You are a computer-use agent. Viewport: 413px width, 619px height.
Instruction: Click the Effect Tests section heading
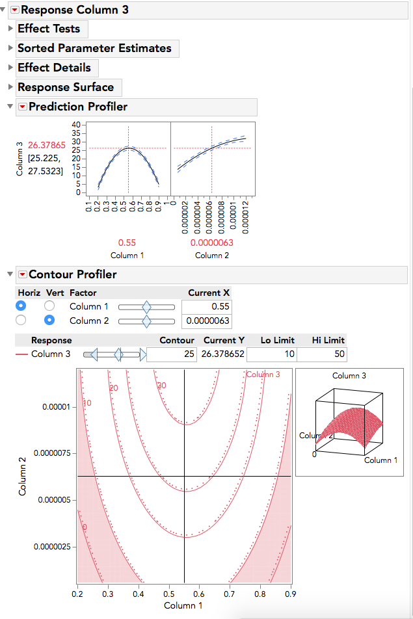pyautogui.click(x=49, y=29)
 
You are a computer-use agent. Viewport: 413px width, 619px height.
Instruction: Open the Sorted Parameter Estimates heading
pyautogui.click(x=94, y=49)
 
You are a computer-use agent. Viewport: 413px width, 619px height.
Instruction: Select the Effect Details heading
pyautogui.click(x=55, y=68)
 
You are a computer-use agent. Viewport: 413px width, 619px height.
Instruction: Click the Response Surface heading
pyautogui.click(x=66, y=88)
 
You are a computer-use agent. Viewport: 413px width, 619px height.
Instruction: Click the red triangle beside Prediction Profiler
pyautogui.click(x=23, y=107)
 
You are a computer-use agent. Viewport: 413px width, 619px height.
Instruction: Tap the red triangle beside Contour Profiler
pyautogui.click(x=23, y=275)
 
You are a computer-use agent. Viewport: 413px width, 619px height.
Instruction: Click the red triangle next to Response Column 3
pyautogui.click(x=15, y=10)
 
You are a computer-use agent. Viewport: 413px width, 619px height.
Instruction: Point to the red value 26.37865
pyautogui.click(x=47, y=145)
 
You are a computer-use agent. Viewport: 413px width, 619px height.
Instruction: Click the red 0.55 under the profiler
pyautogui.click(x=127, y=243)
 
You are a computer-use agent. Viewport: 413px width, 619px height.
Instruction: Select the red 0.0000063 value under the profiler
pyautogui.click(x=211, y=243)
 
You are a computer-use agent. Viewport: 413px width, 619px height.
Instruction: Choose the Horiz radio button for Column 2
pyautogui.click(x=21, y=320)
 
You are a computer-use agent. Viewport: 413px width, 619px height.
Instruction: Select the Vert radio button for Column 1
pyautogui.click(x=49, y=306)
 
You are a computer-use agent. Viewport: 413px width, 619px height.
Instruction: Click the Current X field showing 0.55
pyautogui.click(x=206, y=306)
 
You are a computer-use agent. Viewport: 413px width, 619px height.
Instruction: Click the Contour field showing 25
pyautogui.click(x=171, y=354)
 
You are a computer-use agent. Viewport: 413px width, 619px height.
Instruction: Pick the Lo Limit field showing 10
pyautogui.click(x=271, y=354)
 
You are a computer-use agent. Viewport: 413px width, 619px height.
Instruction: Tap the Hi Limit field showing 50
pyautogui.click(x=321, y=354)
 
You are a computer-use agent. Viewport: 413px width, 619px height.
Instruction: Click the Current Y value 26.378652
pyautogui.click(x=222, y=354)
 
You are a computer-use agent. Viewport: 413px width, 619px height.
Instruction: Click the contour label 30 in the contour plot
pyautogui.click(x=162, y=386)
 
